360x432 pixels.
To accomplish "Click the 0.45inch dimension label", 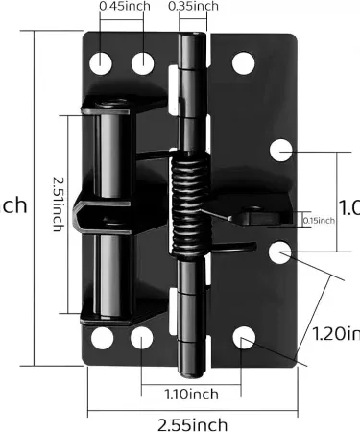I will tap(123, 7).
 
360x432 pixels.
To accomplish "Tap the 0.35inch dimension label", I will tap(192, 7).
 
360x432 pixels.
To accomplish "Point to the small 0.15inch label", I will tap(318, 220).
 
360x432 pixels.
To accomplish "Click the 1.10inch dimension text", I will tap(190, 394).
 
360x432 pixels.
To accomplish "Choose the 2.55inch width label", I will tap(192, 423).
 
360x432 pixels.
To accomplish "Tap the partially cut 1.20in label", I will tap(336, 334).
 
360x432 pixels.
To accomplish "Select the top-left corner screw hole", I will tap(102, 63).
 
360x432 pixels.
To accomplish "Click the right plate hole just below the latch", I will tap(279, 252).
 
